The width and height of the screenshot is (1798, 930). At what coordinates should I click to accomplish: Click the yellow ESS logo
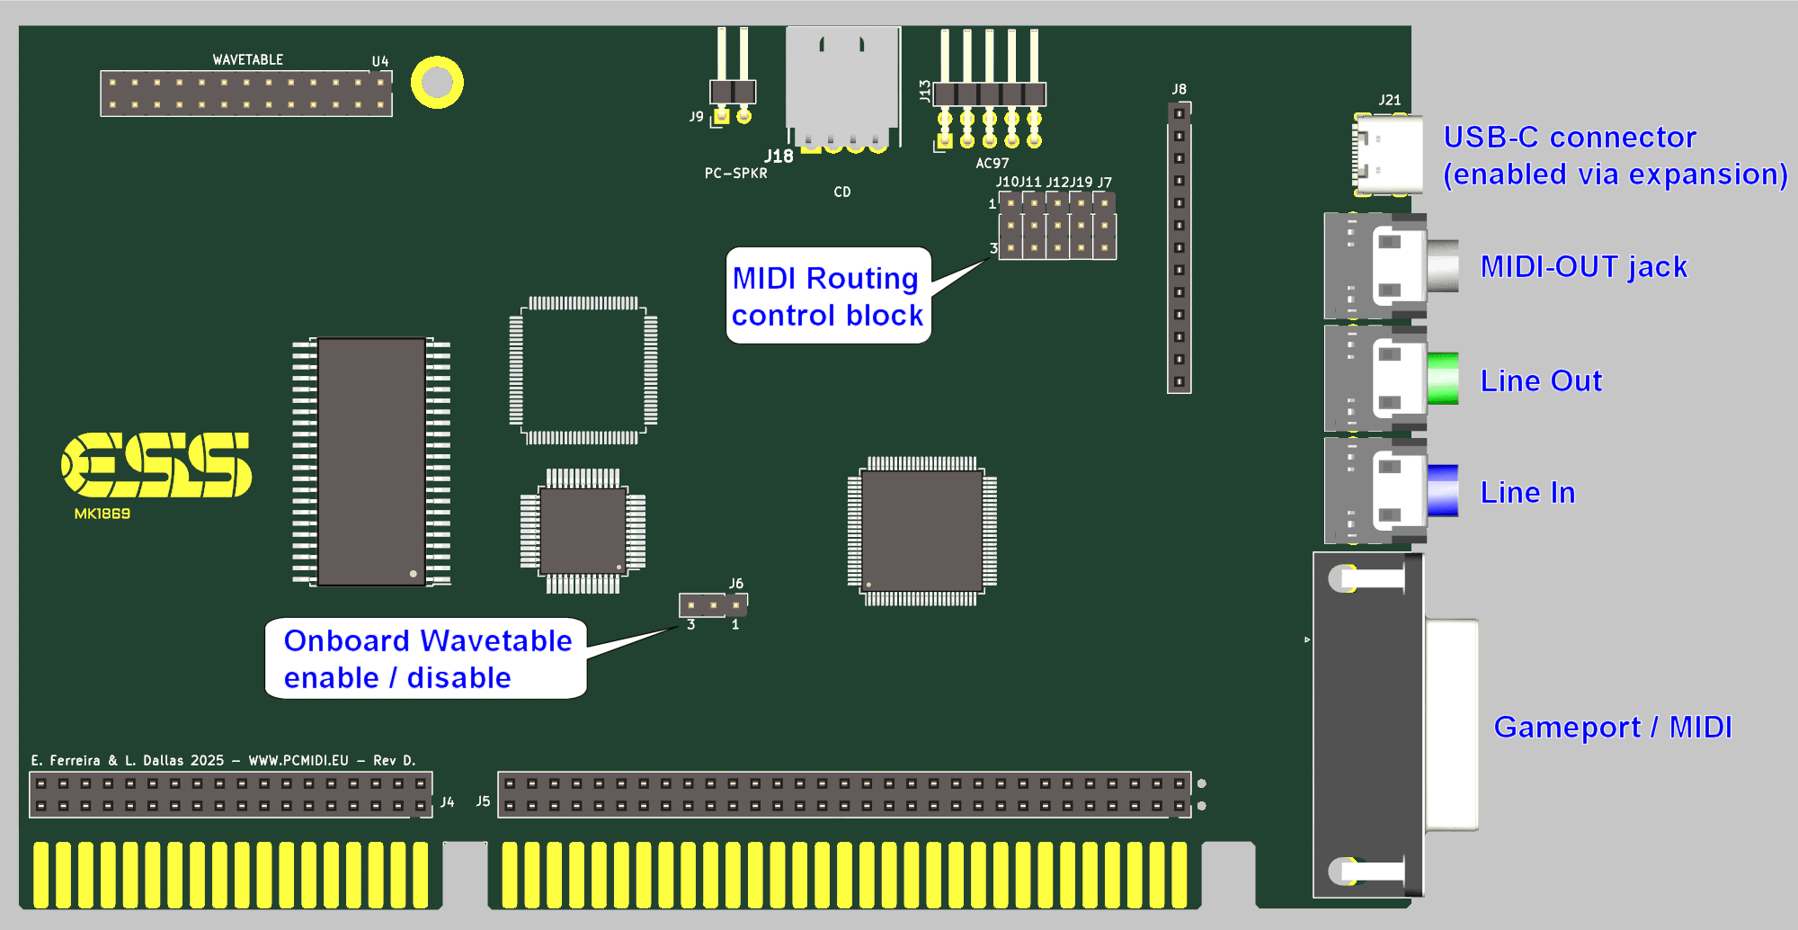pos(156,464)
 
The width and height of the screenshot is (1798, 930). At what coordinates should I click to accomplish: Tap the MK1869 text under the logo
pos(102,514)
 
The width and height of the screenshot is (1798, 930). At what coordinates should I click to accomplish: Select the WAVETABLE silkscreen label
pos(248,59)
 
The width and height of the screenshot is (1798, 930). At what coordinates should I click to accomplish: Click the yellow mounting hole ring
pos(437,83)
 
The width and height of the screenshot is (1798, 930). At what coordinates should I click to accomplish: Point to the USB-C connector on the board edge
pos(1388,154)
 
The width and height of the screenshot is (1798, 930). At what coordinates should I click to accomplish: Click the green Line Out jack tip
pos(1442,379)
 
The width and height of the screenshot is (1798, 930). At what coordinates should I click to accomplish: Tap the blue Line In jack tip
pos(1442,490)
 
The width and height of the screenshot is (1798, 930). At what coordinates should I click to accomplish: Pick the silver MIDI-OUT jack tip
pos(1442,265)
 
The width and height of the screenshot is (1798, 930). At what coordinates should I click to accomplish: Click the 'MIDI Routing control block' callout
pos(828,296)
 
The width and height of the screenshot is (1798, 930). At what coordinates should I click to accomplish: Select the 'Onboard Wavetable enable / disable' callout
pos(426,658)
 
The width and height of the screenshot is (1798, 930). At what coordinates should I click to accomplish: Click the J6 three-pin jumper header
pos(713,605)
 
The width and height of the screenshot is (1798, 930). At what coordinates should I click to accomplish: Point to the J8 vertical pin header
pos(1179,247)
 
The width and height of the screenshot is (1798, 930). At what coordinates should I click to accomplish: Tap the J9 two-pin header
pos(733,92)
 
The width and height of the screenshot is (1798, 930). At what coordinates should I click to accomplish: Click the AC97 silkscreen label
pos(992,163)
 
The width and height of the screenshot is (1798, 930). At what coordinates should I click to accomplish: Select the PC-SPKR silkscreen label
pos(736,173)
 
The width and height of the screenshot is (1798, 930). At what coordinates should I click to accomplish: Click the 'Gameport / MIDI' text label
pos(1613,727)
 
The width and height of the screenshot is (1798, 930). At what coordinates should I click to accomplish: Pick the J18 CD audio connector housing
pos(842,85)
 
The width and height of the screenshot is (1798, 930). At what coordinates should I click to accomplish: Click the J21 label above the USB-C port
pos(1390,100)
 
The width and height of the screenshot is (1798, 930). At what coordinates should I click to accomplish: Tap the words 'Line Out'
pos(1541,380)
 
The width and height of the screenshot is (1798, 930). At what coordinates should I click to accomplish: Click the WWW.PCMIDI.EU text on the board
pos(298,760)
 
